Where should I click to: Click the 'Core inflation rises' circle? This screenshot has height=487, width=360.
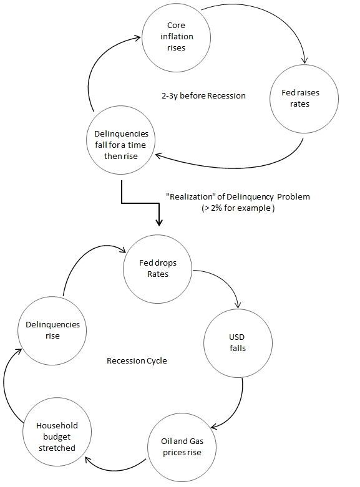(x=177, y=36)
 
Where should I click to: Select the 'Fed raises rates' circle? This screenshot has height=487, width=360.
(x=304, y=99)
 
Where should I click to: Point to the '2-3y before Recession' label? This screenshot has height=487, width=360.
(x=203, y=96)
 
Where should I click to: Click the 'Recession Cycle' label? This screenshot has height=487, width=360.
(x=137, y=360)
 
